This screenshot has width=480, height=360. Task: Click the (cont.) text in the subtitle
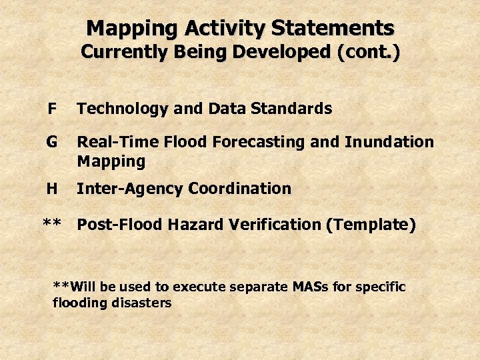click(x=369, y=52)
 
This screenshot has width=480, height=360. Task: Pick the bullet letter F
click(x=52, y=108)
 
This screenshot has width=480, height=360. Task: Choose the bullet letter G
click(x=52, y=142)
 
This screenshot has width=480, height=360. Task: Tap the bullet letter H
click(x=52, y=189)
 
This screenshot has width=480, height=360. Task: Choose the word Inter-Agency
click(x=130, y=189)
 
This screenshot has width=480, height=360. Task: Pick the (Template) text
click(x=371, y=225)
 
